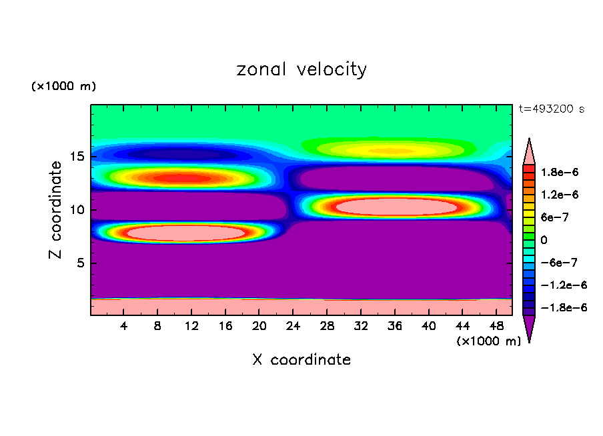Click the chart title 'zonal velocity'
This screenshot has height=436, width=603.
pyautogui.click(x=301, y=69)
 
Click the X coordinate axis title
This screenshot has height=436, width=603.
pyautogui.click(x=301, y=360)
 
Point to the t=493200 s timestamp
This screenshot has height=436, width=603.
pyautogui.click(x=552, y=109)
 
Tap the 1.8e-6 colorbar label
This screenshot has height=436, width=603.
pyautogui.click(x=560, y=172)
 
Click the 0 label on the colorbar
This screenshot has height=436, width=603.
pyautogui.click(x=544, y=239)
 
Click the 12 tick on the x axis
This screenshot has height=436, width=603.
pyautogui.click(x=191, y=326)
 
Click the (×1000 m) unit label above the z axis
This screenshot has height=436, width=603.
pyautogui.click(x=63, y=87)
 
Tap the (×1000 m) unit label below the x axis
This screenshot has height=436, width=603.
pyautogui.click(x=488, y=341)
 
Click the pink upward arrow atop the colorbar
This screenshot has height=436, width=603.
pyautogui.click(x=530, y=151)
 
